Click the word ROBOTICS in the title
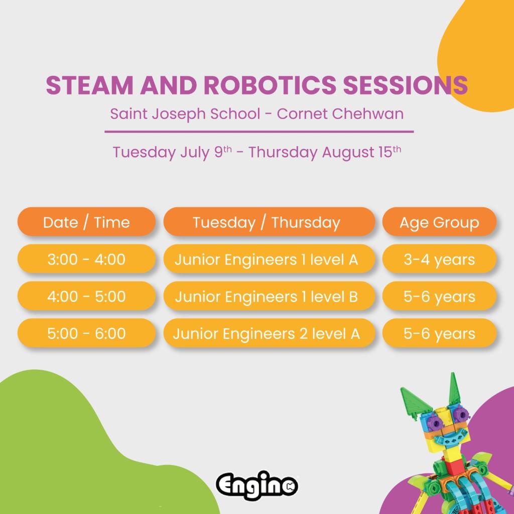point(270,85)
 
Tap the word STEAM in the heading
point(89,85)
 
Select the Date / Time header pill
point(86,222)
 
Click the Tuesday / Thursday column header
point(269,222)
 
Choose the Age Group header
point(439,222)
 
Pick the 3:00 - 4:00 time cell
point(86,259)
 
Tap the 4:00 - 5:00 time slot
point(86,296)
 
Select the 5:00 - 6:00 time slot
point(86,333)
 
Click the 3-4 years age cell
point(439,259)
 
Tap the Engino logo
point(257,485)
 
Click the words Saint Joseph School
point(185,114)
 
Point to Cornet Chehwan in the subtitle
point(340,114)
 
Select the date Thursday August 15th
point(325,152)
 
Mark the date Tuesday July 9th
point(172,152)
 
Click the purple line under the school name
point(259,132)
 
